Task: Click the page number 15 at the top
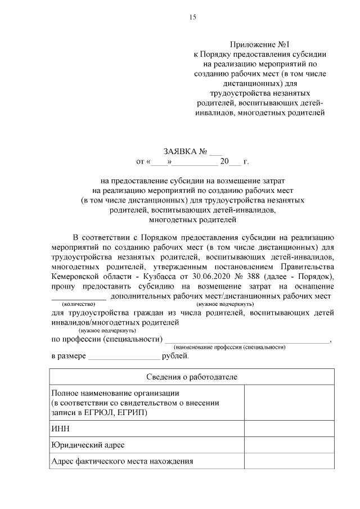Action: click(192, 17)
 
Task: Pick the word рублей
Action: click(175, 356)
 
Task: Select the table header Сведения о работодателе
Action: click(192, 376)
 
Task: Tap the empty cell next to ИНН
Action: click(290, 428)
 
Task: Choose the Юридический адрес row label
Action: click(87, 445)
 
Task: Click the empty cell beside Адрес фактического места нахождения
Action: click(290, 462)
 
